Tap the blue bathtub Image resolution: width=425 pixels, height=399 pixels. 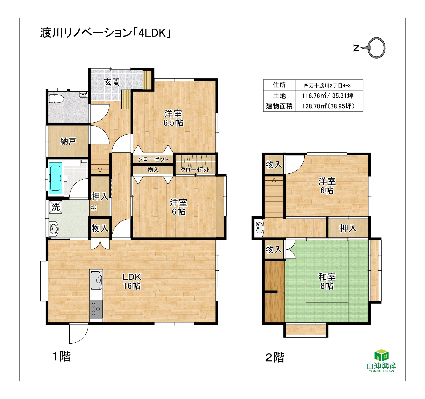[56, 178]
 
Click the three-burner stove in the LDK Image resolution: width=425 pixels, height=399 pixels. [96, 309]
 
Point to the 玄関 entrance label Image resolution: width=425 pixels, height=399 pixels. [112, 82]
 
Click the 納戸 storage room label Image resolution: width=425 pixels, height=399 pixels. [68, 141]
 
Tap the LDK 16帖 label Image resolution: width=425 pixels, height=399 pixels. [132, 281]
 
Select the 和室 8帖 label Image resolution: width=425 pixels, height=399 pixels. [327, 281]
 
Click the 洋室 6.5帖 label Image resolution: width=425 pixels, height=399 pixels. [173, 118]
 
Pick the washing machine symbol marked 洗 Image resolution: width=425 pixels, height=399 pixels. [56, 207]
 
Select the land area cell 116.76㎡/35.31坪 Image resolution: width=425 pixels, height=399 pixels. [328, 96]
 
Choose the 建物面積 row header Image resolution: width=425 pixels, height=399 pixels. [279, 106]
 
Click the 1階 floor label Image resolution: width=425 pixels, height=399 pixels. [61, 357]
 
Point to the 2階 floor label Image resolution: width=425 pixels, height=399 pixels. [275, 358]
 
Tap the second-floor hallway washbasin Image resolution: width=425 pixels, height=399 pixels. [259, 228]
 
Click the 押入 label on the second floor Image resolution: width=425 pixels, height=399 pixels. [348, 228]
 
